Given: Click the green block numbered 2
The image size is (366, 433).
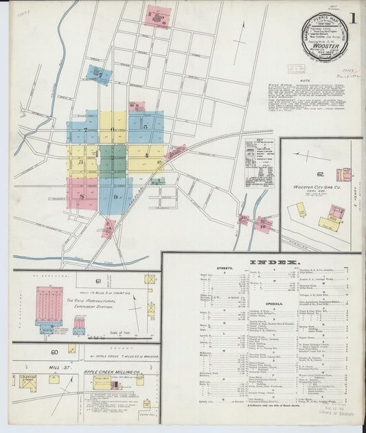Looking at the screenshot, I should point(112,158).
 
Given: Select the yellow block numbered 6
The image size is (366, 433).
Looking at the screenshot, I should point(113,128).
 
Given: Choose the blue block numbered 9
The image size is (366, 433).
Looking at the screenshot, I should point(116,196).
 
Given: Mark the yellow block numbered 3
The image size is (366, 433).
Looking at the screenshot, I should point(82,163).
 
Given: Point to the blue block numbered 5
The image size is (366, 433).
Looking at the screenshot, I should point(145,126).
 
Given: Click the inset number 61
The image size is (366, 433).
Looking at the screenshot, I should point(98,281).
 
